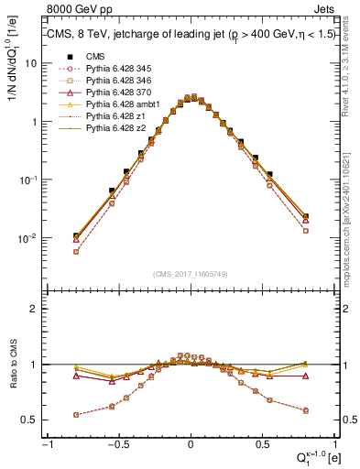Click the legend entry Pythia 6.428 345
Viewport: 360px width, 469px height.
click(x=106, y=68)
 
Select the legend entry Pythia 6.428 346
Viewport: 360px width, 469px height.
click(x=106, y=81)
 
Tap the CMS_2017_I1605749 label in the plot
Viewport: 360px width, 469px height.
click(x=190, y=274)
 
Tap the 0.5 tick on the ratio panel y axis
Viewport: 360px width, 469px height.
click(x=32, y=420)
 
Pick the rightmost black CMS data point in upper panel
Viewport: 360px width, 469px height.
click(x=305, y=217)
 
